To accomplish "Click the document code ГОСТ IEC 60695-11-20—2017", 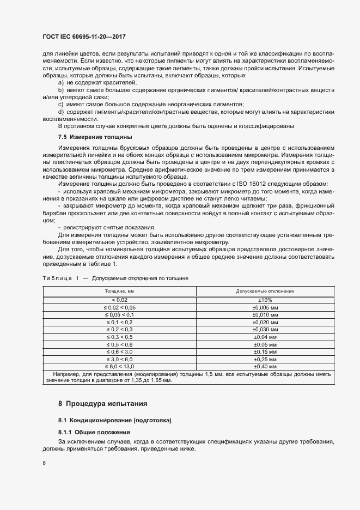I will click(88, 38).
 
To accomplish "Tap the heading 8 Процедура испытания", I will click(103, 404).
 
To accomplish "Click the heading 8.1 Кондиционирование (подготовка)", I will click(114, 421).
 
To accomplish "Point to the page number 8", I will click(44, 463).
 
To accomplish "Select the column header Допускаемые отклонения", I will click(265, 292).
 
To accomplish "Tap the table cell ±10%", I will click(265, 300).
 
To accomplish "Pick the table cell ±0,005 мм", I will click(265, 307).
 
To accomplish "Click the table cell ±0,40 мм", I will click(265, 367).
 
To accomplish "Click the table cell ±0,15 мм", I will click(265, 352).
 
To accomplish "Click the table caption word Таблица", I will click(57, 278).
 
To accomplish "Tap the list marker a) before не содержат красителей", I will click(61, 82).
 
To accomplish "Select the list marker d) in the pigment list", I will click(61, 112).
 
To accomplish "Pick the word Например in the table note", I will click(66, 374).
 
